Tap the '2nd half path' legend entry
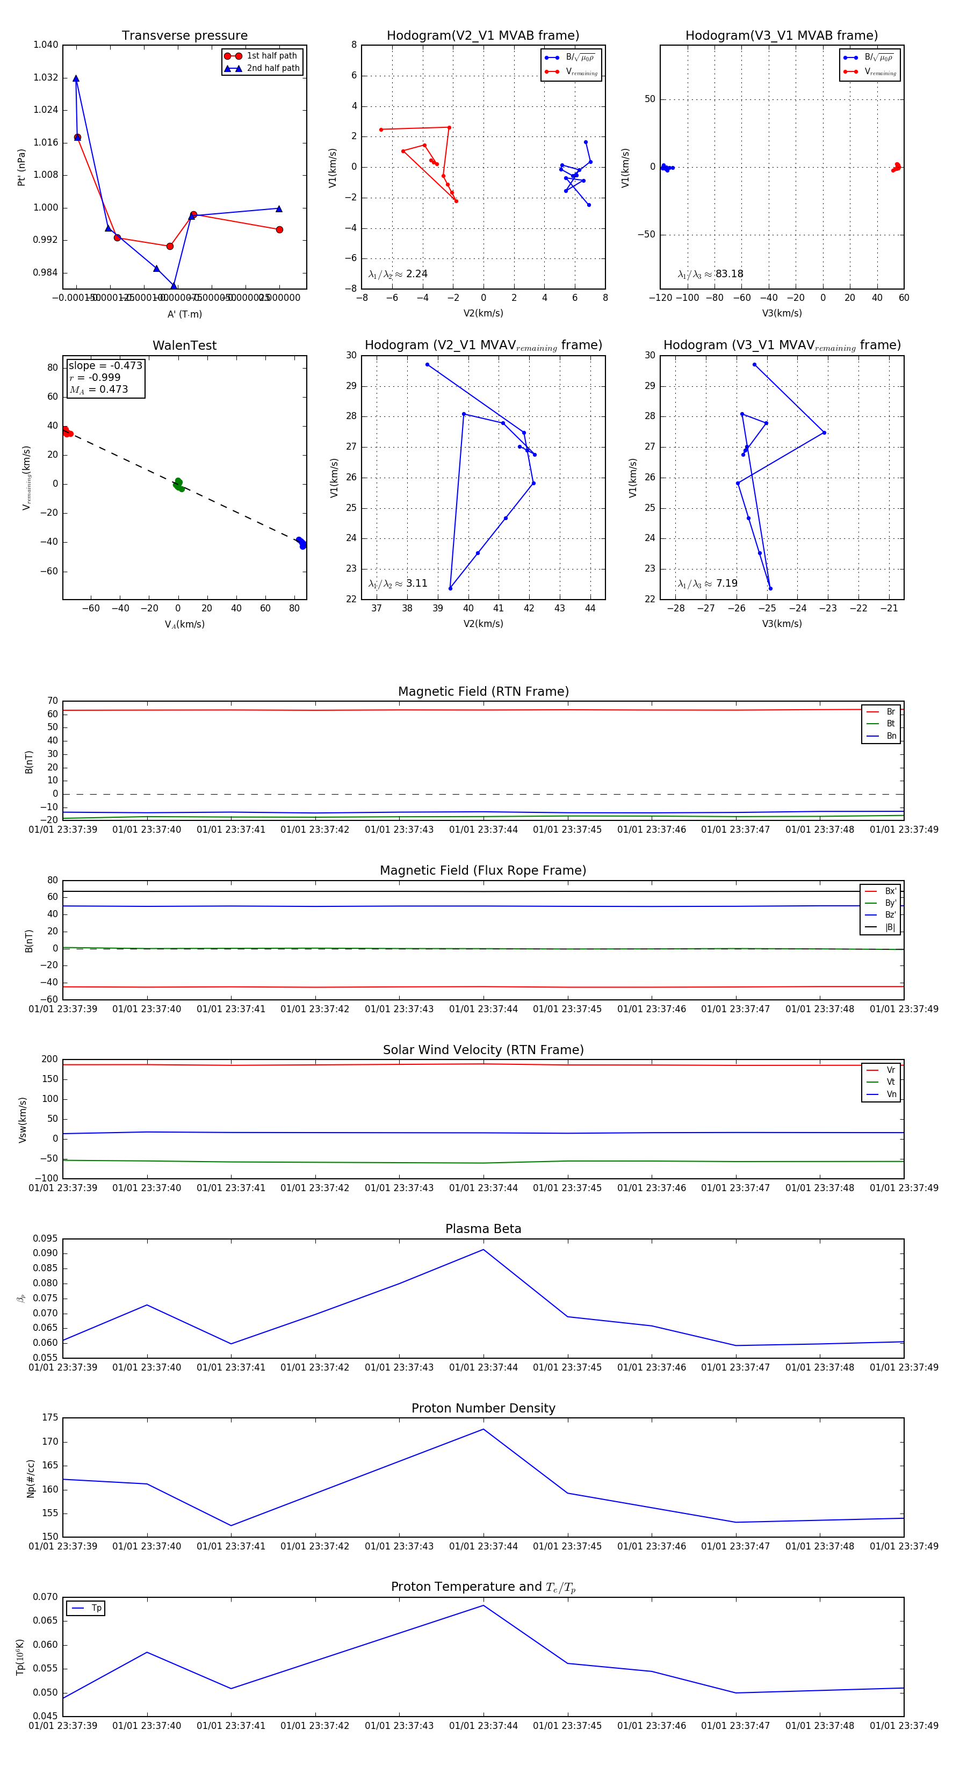272,68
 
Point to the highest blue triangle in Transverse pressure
76,79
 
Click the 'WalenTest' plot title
184,345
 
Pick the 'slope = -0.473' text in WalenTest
105,365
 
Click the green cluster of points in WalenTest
178,485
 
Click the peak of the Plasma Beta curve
483,1249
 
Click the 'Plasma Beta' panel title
483,1229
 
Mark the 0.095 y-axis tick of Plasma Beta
46,1238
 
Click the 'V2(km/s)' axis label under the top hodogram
483,313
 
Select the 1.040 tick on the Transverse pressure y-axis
46,45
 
